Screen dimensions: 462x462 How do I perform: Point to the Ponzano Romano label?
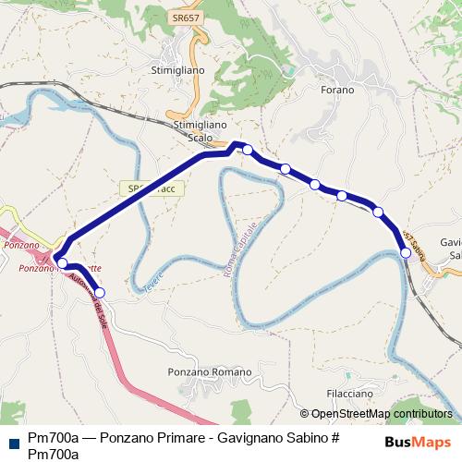(210, 372)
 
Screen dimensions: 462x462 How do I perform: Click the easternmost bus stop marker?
(405, 252)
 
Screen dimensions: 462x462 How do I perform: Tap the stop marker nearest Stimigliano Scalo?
(248, 150)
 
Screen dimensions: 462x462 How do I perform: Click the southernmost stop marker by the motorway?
(100, 293)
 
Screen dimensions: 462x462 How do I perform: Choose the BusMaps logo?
(418, 442)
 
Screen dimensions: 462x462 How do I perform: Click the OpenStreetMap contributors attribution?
(381, 414)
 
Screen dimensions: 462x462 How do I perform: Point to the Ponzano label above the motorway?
(20, 247)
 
